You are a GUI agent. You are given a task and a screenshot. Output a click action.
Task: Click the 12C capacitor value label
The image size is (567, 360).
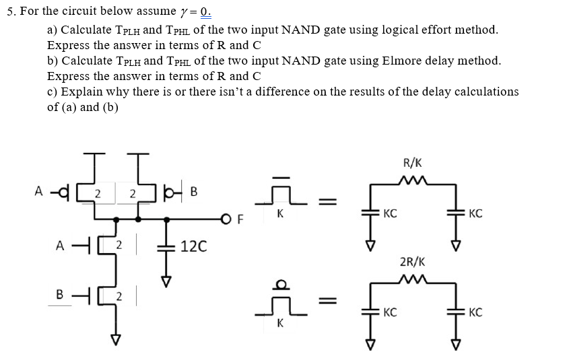194,246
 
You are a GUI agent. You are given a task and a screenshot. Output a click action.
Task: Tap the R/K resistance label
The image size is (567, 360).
412,162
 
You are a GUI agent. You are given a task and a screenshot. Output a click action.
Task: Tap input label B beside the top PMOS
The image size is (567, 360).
193,193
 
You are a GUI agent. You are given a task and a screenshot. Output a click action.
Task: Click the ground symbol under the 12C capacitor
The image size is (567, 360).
162,280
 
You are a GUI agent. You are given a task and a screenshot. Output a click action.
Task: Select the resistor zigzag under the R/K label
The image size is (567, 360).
412,180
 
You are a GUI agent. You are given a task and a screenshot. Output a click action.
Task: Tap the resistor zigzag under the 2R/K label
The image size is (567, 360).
412,278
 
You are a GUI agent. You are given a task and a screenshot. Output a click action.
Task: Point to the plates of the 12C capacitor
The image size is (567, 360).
162,246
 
